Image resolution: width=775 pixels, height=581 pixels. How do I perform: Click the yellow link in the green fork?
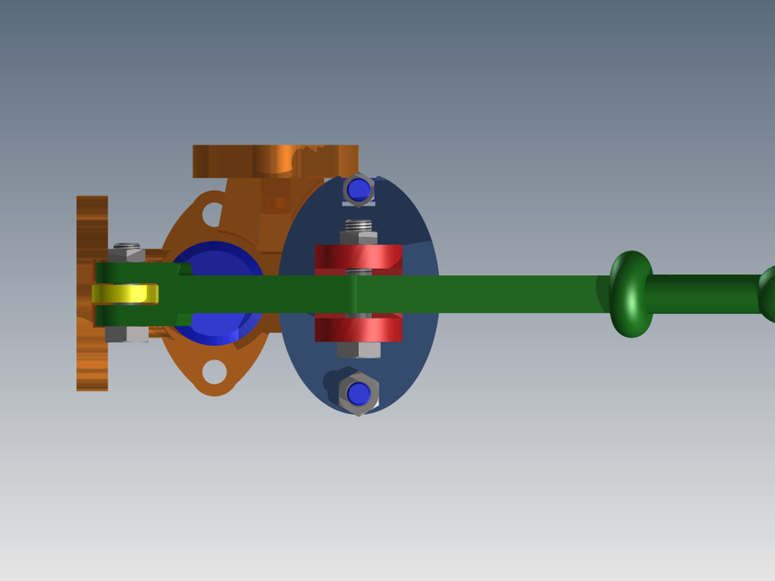pos(125,294)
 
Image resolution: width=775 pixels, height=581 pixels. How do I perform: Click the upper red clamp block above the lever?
pos(358,257)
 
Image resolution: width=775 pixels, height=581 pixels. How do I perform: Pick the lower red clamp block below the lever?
pos(358,328)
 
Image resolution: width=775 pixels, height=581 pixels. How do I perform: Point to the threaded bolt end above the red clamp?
pos(359,225)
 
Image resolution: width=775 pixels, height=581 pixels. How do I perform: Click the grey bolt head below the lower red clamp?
pos(359,350)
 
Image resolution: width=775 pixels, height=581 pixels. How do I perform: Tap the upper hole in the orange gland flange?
pos(212,215)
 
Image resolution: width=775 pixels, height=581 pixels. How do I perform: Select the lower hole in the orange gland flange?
pos(214,371)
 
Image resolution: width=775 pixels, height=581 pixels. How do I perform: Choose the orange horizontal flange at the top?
pos(273,161)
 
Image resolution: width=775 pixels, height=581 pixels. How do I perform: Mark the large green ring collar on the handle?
pos(631,294)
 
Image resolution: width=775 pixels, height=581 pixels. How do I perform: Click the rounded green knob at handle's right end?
pos(768,294)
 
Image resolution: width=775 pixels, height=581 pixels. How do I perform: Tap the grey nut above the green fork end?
pos(127,253)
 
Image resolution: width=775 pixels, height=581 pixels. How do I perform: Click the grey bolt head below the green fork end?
pos(126,334)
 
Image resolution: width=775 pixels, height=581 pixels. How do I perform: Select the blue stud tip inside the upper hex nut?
pos(359,190)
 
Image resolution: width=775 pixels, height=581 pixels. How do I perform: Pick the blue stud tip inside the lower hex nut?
pos(359,394)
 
